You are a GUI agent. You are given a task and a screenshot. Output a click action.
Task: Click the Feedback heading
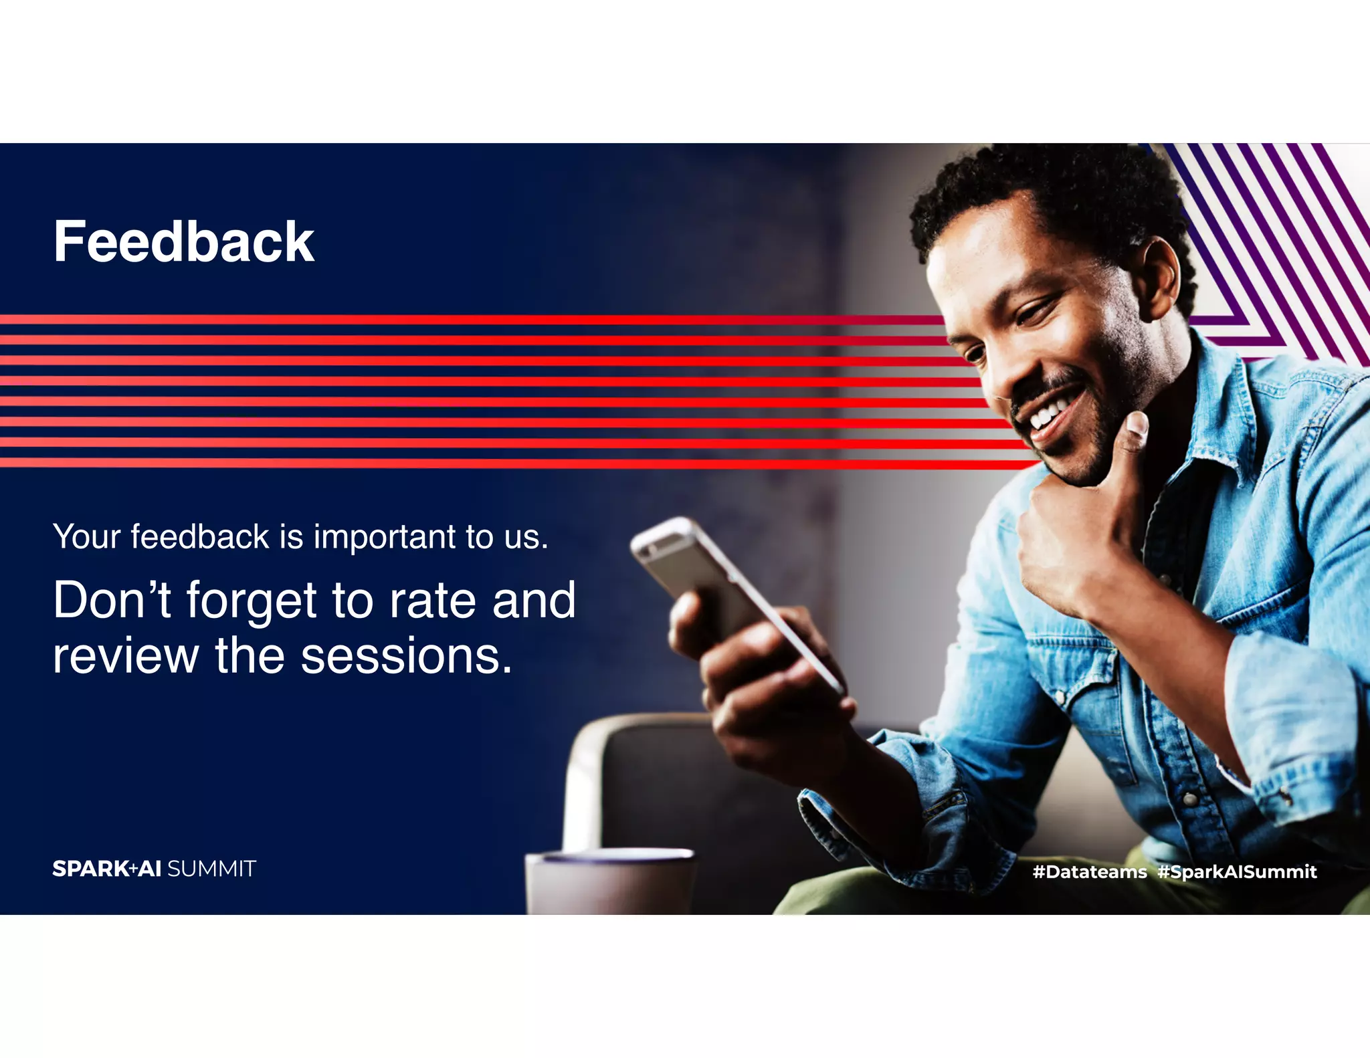[x=183, y=242]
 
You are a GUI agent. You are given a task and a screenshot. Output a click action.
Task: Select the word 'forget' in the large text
[x=252, y=601]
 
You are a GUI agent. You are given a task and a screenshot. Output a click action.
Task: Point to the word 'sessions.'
[x=407, y=656]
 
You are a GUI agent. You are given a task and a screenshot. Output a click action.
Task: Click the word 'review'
[x=126, y=656]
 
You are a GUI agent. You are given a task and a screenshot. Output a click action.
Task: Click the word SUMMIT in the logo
[x=211, y=869]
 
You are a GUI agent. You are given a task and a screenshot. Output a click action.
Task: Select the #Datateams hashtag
[x=1089, y=871]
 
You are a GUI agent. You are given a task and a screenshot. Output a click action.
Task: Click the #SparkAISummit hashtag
[x=1237, y=871]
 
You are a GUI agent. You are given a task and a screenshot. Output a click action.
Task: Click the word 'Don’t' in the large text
[x=112, y=601]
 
